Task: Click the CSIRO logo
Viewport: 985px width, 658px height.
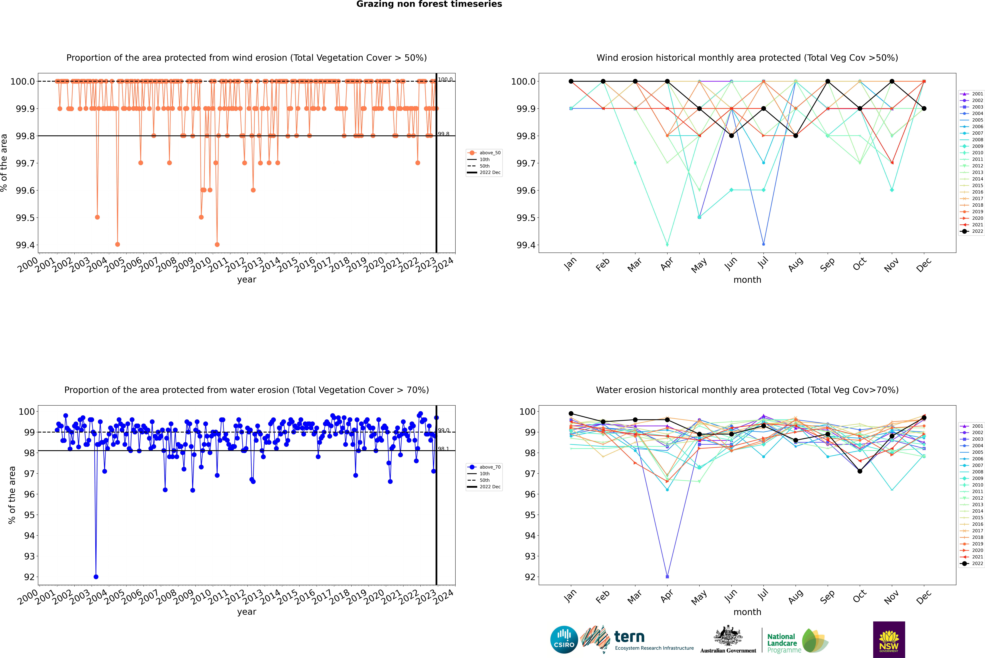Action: [564, 640]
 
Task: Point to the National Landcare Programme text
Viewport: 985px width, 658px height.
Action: [782, 643]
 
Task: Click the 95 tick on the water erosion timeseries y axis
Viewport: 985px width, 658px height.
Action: [29, 515]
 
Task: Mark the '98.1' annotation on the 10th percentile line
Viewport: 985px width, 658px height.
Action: [443, 449]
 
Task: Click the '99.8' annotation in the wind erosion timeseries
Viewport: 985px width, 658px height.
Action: [443, 134]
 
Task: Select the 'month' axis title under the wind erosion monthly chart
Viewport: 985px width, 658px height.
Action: [747, 280]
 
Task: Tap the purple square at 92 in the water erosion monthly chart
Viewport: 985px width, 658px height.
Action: [667, 577]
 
